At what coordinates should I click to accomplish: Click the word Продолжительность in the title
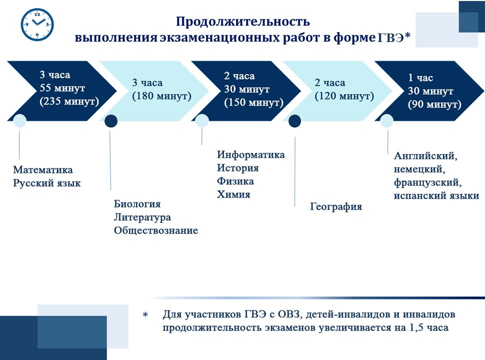coord(242,21)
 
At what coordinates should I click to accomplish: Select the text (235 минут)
coord(69,101)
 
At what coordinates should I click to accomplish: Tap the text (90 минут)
coord(434,104)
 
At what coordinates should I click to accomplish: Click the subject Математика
coord(43,170)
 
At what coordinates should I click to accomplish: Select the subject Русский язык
coord(47,183)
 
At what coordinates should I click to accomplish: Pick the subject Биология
coord(137,204)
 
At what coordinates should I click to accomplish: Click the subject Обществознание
coord(156,230)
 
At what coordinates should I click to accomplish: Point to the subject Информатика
coord(250,154)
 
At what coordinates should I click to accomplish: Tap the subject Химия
coord(233,194)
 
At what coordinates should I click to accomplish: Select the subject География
coord(336,206)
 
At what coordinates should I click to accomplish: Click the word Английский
coord(425,155)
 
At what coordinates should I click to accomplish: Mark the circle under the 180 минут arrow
coord(110,121)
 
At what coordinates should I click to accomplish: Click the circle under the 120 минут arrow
coord(295,121)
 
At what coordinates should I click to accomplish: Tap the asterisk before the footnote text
coord(145,315)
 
